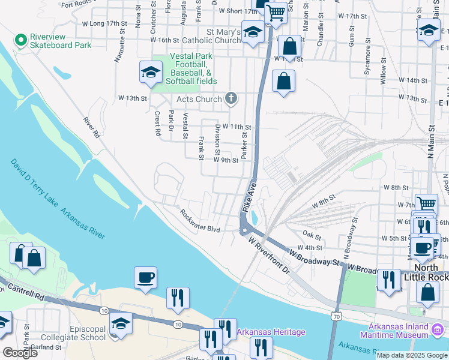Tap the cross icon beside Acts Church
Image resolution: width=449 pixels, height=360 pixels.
[x=230, y=99]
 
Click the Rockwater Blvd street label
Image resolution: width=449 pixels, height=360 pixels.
[x=200, y=220]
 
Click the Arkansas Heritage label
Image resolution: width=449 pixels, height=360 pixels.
[x=271, y=332]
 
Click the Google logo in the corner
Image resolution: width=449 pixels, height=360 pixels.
[x=20, y=353]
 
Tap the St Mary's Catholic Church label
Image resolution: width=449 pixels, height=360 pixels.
[x=224, y=36]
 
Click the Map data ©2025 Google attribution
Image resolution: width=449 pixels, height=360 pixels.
[x=412, y=355]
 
